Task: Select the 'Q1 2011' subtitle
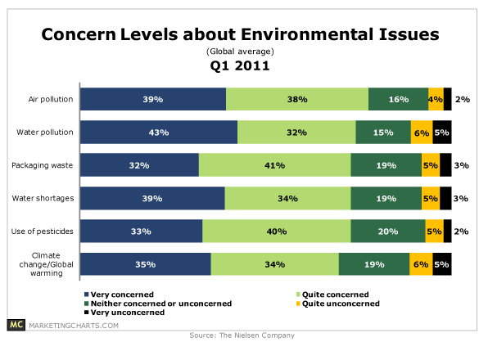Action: pyautogui.click(x=239, y=67)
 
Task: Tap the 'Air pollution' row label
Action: pyautogui.click(x=52, y=99)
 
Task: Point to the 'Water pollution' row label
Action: pyautogui.click(x=47, y=132)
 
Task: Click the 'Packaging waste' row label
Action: pyautogui.click(x=45, y=164)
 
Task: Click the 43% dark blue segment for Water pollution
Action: pyautogui.click(x=159, y=133)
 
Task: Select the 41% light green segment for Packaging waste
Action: pyautogui.click(x=274, y=165)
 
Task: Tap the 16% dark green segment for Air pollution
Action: pyautogui.click(x=398, y=99)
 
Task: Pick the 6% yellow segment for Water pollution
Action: pyautogui.click(x=422, y=133)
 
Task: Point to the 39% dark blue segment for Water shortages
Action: pyautogui.click(x=152, y=198)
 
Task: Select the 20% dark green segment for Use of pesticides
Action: pyautogui.click(x=387, y=232)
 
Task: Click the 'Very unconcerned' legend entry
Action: pyautogui.click(x=120, y=312)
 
